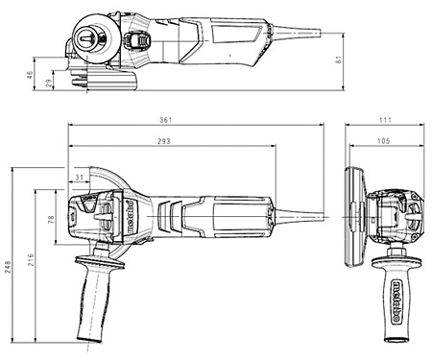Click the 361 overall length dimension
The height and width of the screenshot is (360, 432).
(166, 120)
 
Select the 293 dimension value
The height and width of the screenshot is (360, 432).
(164, 141)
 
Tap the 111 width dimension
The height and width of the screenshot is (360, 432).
(385, 120)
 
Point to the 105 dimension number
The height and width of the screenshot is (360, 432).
(384, 141)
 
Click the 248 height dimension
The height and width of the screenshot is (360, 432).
(8, 267)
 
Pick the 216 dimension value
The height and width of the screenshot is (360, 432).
(31, 260)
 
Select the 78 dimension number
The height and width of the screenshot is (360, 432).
(51, 220)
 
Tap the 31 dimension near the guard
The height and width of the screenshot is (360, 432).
(79, 177)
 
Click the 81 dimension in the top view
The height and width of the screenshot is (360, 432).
(339, 60)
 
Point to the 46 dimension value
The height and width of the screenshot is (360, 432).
(30, 75)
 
